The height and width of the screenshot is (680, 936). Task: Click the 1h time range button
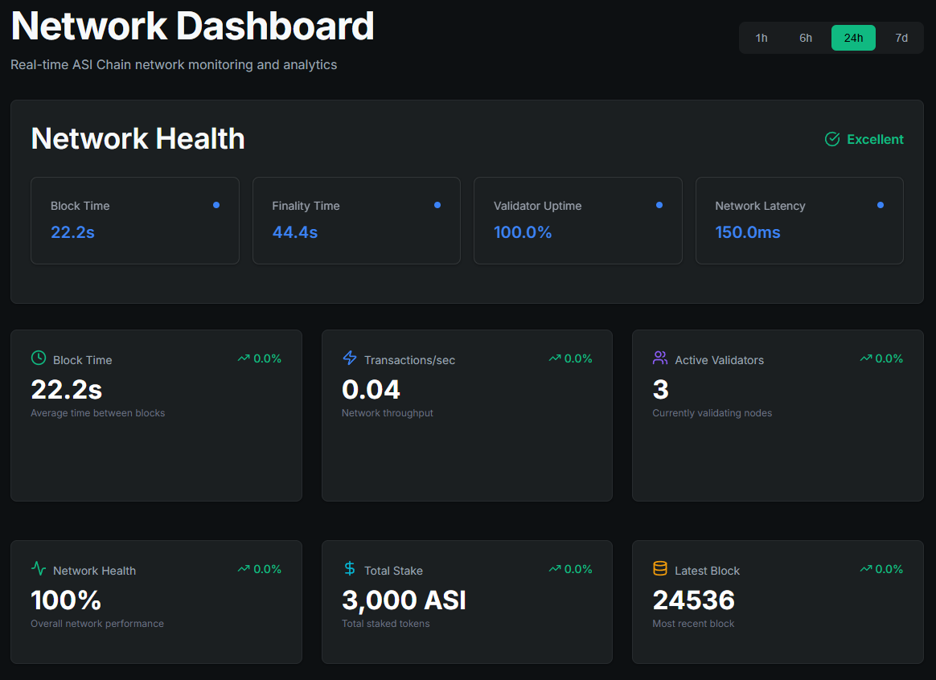point(762,38)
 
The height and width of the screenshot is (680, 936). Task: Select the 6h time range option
point(806,38)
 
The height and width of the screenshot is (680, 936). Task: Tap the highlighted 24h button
point(853,38)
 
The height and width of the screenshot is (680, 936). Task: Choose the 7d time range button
point(901,38)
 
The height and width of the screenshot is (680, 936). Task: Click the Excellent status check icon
point(832,139)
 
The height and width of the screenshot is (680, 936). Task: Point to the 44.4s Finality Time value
point(294,232)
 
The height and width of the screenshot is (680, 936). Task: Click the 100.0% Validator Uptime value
point(523,232)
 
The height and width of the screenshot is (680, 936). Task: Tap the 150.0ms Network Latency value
point(747,232)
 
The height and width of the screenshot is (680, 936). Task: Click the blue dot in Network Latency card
point(881,205)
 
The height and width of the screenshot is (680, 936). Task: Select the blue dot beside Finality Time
point(437,205)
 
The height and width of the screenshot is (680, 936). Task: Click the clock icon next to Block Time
point(39,358)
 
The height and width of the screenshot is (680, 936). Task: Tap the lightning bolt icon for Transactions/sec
point(350,358)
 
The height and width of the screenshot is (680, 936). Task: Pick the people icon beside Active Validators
point(660,358)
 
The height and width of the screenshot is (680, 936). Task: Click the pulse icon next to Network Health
point(39,568)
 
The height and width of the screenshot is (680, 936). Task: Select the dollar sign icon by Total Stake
point(350,568)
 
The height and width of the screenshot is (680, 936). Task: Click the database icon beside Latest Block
point(660,568)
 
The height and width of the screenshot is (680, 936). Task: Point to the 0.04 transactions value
point(371,390)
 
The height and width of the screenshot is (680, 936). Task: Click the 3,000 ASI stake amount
point(404,600)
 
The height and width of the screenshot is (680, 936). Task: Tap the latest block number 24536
point(693,600)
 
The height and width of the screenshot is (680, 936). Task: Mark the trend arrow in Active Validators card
point(865,358)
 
